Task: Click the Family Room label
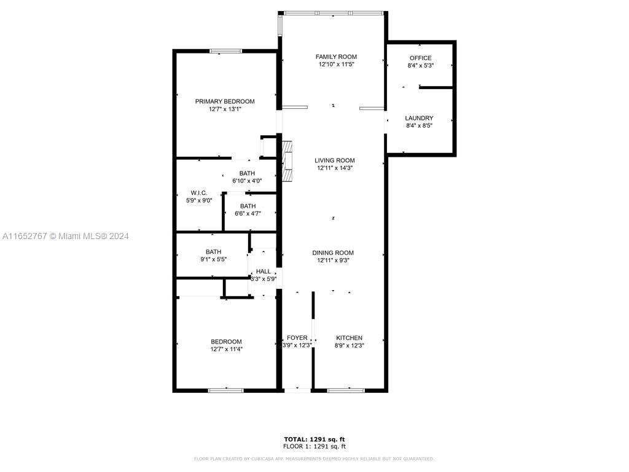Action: [x=336, y=57]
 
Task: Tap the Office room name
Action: [x=420, y=58]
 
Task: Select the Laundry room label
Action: [x=419, y=119]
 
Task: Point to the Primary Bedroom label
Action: [x=225, y=101]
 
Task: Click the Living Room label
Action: [x=335, y=160]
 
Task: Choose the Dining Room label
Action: [x=333, y=253]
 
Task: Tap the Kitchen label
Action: [x=349, y=338]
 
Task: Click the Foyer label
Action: [x=297, y=338]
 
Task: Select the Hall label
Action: [x=263, y=271]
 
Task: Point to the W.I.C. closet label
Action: [x=199, y=193]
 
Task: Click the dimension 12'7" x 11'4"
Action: [x=226, y=349]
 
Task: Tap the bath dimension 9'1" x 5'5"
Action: [x=213, y=259]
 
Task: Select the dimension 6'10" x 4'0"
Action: [x=247, y=181]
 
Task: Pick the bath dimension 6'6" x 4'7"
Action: [x=248, y=213]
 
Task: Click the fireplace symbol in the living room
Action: [x=287, y=160]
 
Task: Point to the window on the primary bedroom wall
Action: [x=226, y=51]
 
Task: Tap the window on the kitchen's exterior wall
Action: [x=346, y=390]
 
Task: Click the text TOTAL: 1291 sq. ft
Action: [x=314, y=439]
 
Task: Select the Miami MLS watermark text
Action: [x=65, y=237]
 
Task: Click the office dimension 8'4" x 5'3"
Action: [x=420, y=65]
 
